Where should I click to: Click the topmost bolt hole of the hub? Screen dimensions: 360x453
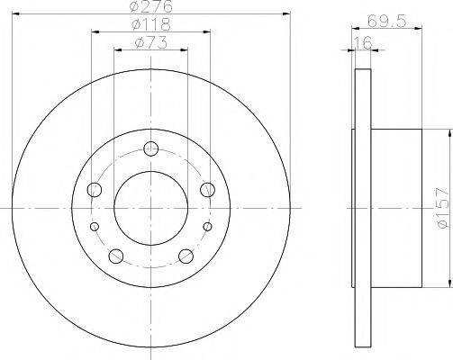pyautogui.click(x=150, y=148)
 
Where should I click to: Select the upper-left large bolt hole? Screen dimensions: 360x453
pyautogui.click(x=94, y=190)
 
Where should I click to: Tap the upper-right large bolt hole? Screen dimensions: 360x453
pyautogui.click(x=207, y=189)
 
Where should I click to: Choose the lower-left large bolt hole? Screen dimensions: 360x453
pyautogui.click(x=115, y=256)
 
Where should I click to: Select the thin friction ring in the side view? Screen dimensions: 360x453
pyautogui.click(x=362, y=211)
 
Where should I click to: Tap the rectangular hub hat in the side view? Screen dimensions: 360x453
pyautogui.click(x=396, y=211)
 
